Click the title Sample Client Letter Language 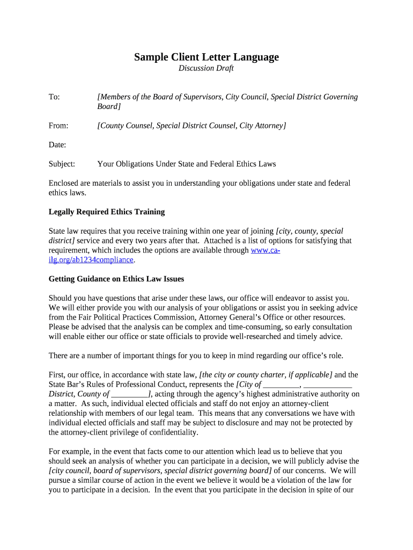click(x=206, y=57)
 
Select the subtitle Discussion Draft click(x=206, y=68)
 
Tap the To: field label click(x=54, y=97)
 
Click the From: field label click(x=58, y=126)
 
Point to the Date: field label click(x=57, y=144)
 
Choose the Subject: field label click(x=62, y=164)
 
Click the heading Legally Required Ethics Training click(x=107, y=212)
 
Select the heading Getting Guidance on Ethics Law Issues click(x=116, y=279)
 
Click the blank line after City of click(x=282, y=385)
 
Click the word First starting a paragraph click(x=57, y=375)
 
